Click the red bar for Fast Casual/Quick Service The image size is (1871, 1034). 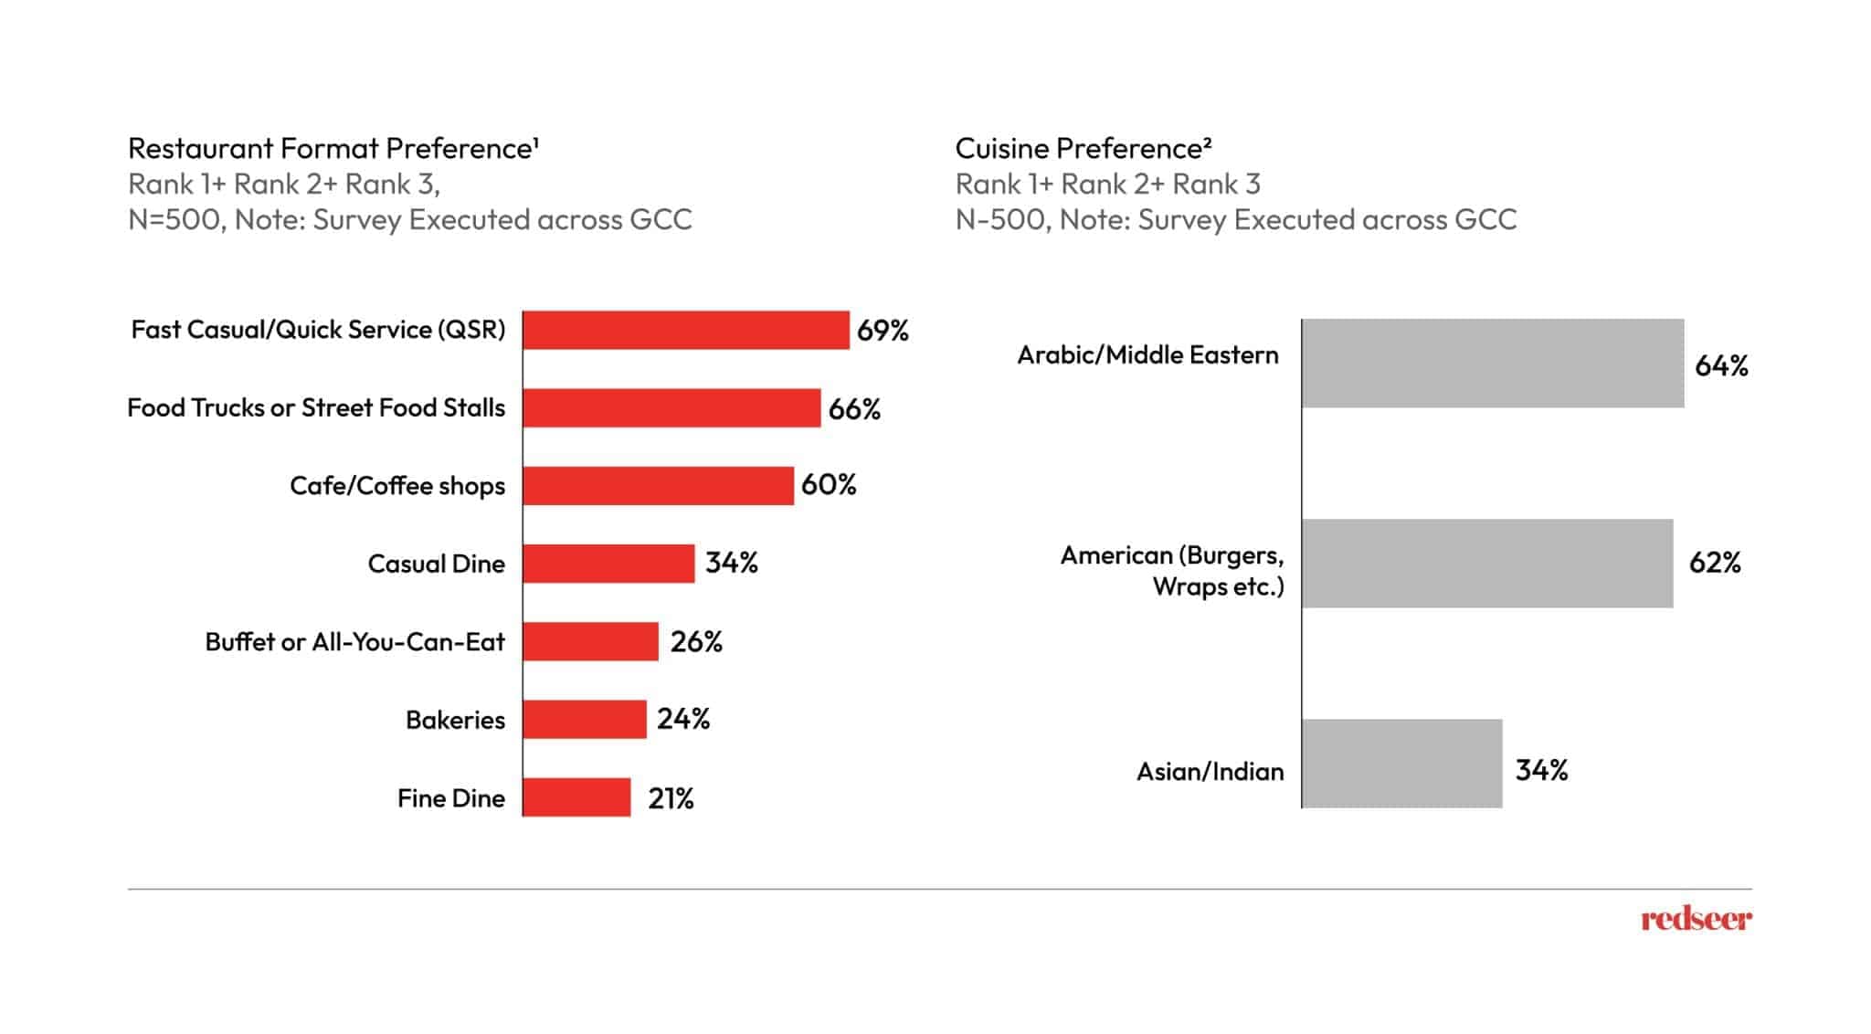coord(685,330)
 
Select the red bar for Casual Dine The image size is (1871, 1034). coord(608,564)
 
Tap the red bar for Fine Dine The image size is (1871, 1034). coord(576,797)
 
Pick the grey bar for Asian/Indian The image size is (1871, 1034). coord(1401,764)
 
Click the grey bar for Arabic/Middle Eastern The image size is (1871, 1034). coord(1492,363)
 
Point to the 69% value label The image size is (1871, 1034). coord(883,331)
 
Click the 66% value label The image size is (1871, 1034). coord(854,409)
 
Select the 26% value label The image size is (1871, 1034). coord(696,642)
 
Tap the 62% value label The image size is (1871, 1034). coord(1715,563)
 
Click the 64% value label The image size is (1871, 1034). coord(1721,366)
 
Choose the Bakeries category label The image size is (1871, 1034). coord(455,720)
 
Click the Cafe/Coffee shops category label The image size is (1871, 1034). coord(397,486)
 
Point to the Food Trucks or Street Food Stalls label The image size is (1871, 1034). coord(316,407)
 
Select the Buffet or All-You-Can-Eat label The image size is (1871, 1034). coord(354,642)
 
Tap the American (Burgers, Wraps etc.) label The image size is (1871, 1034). coord(1173,571)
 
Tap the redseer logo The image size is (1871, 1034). coord(1696,919)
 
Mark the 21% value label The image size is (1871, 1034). coord(671,799)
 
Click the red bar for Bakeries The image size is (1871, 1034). coord(585,720)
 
